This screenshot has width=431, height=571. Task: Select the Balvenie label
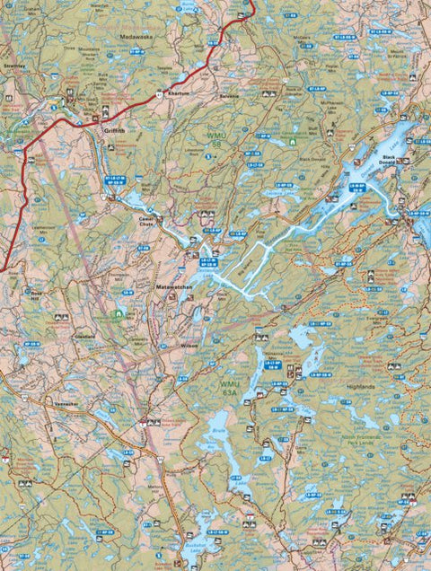click(x=228, y=96)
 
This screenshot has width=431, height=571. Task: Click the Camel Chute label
click(x=146, y=221)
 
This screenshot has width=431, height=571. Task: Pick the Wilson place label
click(x=189, y=345)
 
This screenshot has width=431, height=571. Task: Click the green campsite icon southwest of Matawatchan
click(x=119, y=313)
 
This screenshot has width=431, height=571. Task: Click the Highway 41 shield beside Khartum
click(x=159, y=93)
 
